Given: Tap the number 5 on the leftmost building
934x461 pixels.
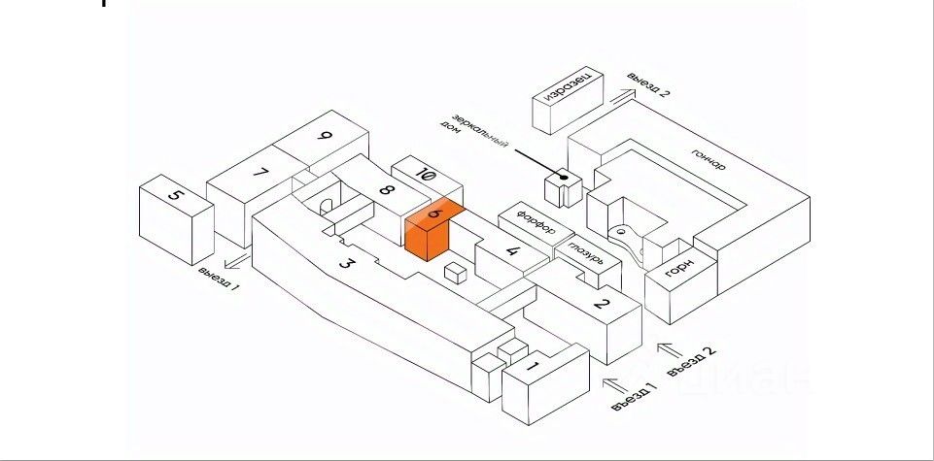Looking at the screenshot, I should (175, 196).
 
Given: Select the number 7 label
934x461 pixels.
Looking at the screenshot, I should (259, 173).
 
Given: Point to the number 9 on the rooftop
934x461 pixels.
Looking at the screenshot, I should (325, 136).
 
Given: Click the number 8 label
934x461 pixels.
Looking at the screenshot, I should (385, 190).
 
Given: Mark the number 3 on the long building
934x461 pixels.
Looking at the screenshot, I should (345, 263).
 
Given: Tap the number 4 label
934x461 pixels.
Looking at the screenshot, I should (513, 255).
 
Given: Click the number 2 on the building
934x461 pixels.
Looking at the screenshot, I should (602, 306).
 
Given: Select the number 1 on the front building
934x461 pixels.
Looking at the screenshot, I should (532, 367).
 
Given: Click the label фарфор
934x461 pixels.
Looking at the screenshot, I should (536, 222).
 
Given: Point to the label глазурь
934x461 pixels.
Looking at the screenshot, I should (585, 254).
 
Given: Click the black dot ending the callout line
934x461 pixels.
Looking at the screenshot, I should (563, 178).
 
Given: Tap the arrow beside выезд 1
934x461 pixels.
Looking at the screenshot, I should (233, 260).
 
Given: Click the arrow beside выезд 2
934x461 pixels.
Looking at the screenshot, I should (618, 94).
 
